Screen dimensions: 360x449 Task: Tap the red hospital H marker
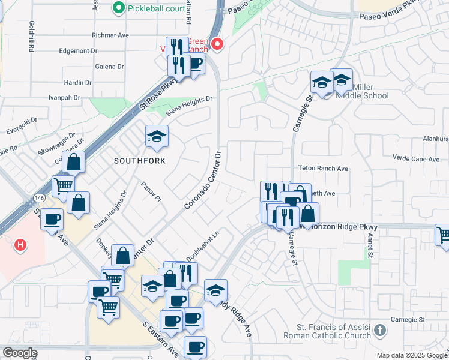(x=20, y=245)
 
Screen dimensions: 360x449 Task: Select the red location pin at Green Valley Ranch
(x=218, y=44)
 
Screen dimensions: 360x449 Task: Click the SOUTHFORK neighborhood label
(x=140, y=161)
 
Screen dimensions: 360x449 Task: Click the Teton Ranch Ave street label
(x=324, y=169)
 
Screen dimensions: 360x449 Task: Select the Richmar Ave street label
(x=110, y=35)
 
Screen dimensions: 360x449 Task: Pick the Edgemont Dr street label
(x=79, y=51)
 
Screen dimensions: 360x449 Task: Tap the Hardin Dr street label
(x=78, y=82)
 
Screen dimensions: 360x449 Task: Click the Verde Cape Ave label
(x=415, y=159)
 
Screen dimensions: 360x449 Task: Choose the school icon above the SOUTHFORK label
(x=156, y=137)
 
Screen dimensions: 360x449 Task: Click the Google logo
(x=20, y=353)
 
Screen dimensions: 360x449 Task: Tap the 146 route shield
(x=38, y=197)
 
